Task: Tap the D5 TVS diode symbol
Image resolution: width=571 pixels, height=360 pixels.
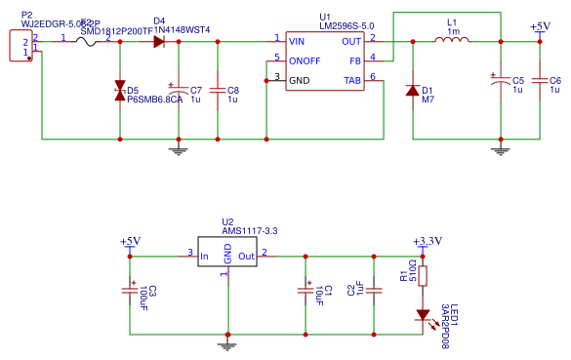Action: [x=119, y=92]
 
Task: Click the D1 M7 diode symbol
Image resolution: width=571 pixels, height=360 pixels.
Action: [x=412, y=90]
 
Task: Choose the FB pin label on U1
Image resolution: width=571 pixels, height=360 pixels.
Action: [x=354, y=60]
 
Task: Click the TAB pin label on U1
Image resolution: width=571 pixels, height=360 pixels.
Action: [x=351, y=79]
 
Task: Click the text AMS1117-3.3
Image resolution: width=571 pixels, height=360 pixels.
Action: [x=250, y=229]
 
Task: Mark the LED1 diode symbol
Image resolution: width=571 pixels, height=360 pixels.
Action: [x=423, y=315]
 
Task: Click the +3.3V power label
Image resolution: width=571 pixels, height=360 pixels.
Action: [x=428, y=240]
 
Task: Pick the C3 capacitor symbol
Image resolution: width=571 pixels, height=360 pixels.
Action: [x=130, y=291]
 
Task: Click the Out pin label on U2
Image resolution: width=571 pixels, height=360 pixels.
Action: [x=246, y=257]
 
